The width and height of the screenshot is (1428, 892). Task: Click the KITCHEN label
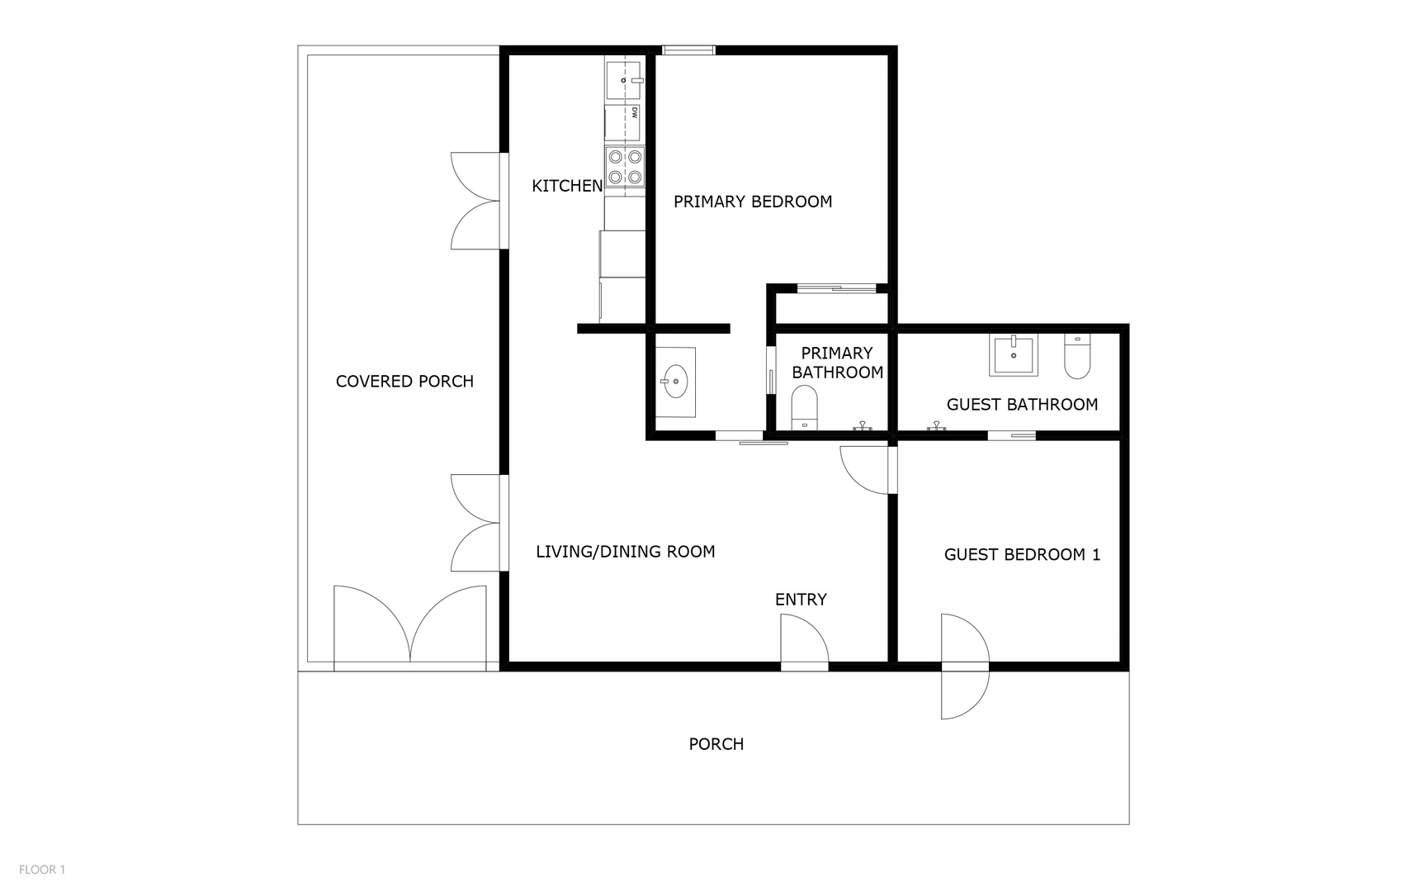click(567, 186)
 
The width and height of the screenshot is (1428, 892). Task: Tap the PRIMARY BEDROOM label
click(752, 202)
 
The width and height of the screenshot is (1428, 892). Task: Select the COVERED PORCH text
click(404, 382)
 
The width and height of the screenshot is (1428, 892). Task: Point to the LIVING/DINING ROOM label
click(625, 552)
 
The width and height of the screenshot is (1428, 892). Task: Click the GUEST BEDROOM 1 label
click(1022, 555)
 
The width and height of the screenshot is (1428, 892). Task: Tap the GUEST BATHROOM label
click(1022, 405)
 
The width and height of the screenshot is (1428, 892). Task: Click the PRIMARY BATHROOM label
click(837, 363)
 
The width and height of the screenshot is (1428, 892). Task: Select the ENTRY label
click(800, 600)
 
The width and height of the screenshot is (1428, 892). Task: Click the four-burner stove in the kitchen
click(625, 166)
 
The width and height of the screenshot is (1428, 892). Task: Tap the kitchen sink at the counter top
click(624, 80)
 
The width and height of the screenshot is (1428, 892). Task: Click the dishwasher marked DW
click(624, 122)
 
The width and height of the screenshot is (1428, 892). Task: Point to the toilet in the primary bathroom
click(804, 408)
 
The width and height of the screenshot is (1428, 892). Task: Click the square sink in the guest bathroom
click(1014, 355)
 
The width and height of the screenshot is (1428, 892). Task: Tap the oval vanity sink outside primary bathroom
click(675, 382)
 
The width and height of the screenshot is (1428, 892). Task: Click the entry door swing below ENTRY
click(804, 641)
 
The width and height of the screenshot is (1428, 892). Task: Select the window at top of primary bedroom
click(688, 50)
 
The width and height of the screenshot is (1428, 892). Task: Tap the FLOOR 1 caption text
click(42, 869)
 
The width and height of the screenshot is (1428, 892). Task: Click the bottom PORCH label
click(716, 744)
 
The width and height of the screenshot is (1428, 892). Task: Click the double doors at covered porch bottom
click(410, 626)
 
